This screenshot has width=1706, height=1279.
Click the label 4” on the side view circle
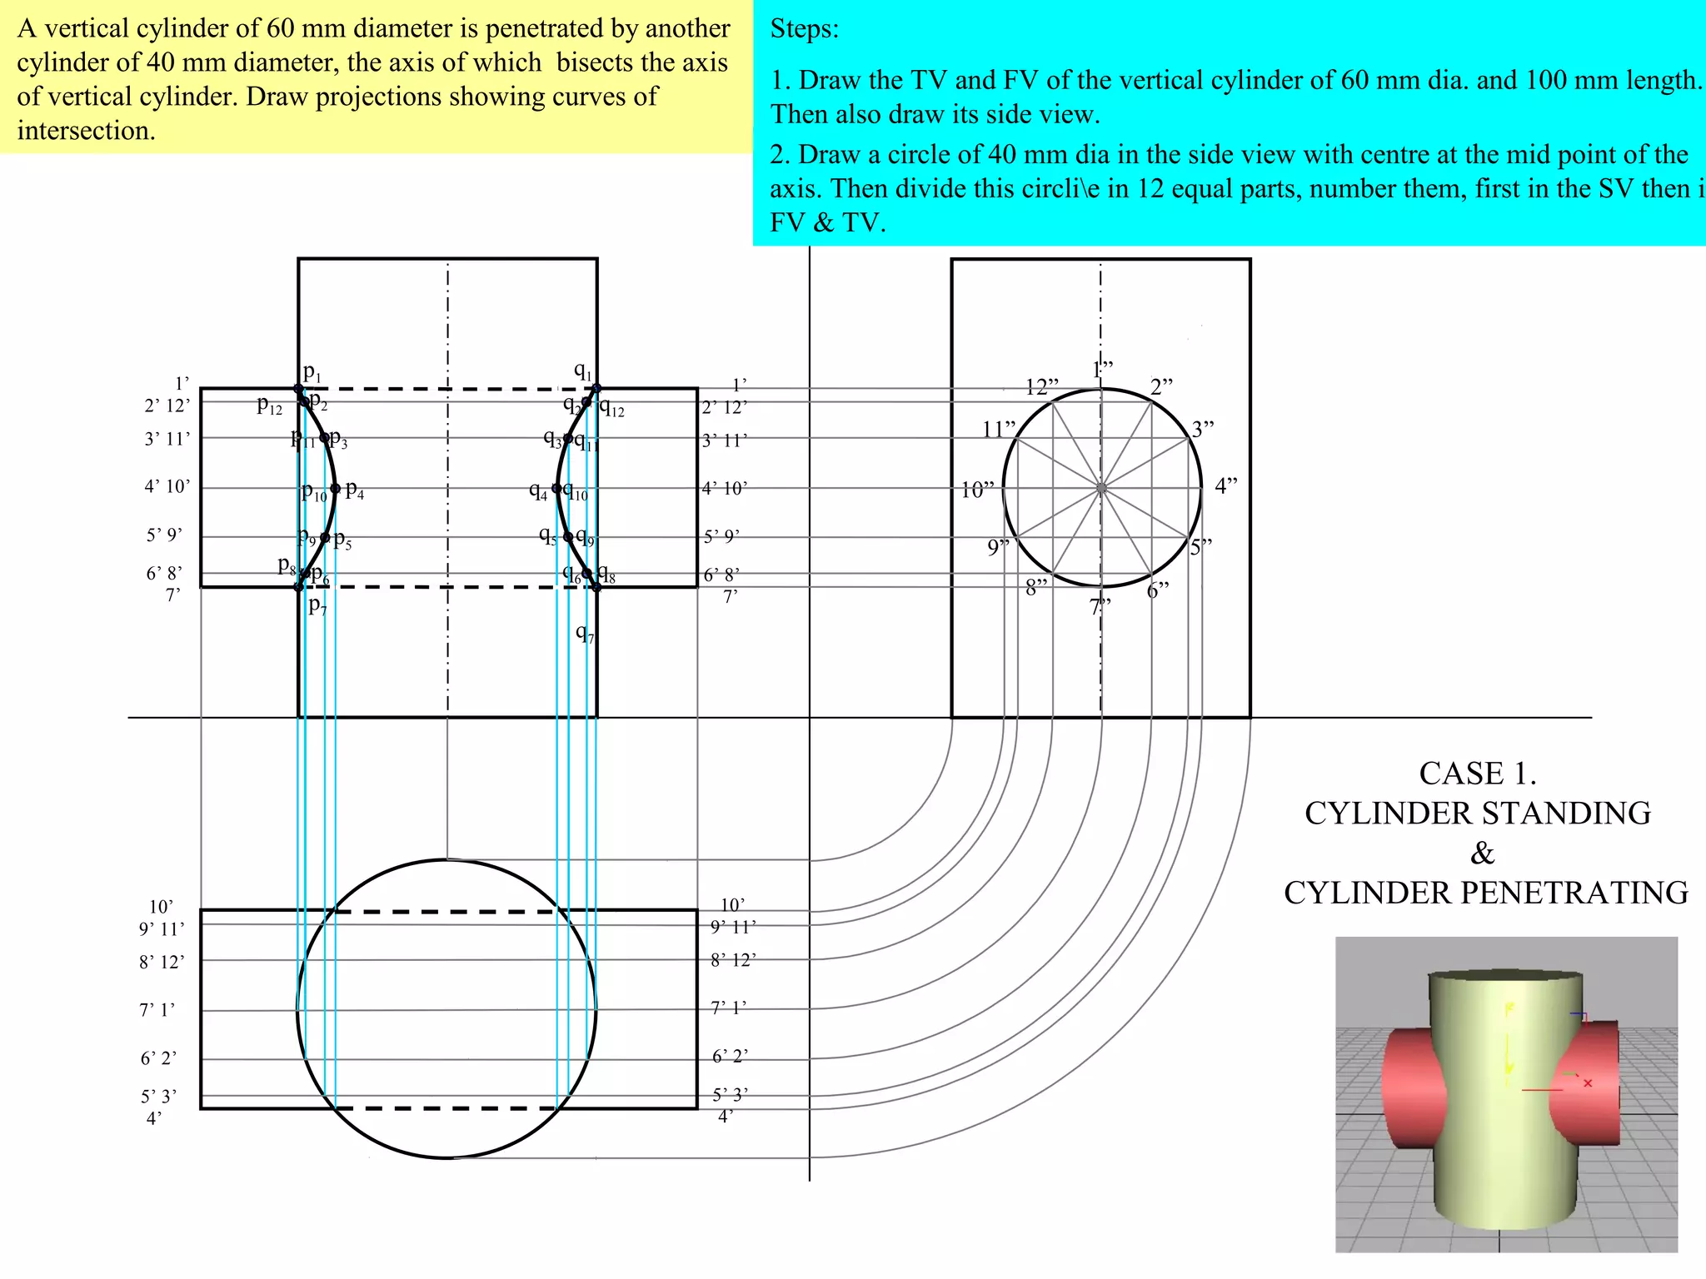tap(1226, 485)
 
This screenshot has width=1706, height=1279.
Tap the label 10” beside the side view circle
tap(977, 490)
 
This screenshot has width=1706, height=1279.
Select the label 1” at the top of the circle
tap(1103, 369)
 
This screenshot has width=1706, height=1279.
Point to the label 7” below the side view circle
tap(1100, 606)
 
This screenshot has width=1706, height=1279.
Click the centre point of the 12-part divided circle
tap(1101, 489)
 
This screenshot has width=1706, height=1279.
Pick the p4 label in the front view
tap(354, 490)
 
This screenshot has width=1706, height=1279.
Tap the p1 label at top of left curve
tap(312, 371)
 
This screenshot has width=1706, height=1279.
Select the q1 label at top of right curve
tap(582, 371)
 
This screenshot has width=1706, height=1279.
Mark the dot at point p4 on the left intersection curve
tap(335, 489)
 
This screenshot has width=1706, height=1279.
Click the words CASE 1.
tap(1478, 774)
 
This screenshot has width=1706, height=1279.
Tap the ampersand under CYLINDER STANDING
tap(1482, 853)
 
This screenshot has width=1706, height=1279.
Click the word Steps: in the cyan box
tap(804, 29)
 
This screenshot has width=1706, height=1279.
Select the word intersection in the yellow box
tap(86, 131)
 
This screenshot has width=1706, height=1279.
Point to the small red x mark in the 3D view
tap(1588, 1083)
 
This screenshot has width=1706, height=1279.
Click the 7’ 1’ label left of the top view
tap(157, 1010)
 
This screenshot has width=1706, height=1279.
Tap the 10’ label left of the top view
tap(161, 907)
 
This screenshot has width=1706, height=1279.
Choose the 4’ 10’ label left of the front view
tap(167, 486)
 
